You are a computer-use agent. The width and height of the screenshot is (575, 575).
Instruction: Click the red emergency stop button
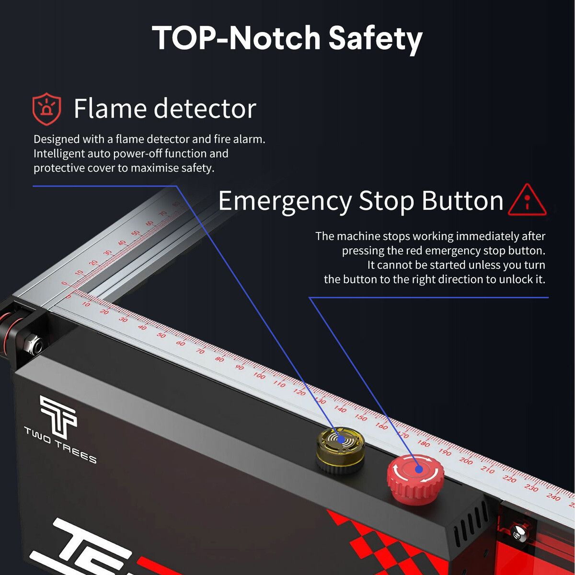[415, 480]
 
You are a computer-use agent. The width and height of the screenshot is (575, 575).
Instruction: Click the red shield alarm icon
[47, 109]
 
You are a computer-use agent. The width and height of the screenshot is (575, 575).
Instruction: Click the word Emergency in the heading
[285, 202]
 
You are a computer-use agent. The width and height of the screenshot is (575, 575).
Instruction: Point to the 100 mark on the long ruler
[259, 375]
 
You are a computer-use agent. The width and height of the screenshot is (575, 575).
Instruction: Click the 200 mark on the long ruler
[465, 461]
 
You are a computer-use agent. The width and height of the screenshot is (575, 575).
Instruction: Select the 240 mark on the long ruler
[553, 497]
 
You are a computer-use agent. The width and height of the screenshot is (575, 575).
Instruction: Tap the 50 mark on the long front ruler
[161, 335]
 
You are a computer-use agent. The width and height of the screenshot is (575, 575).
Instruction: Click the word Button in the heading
[462, 200]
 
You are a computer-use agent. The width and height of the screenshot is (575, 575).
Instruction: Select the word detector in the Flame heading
[205, 108]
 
